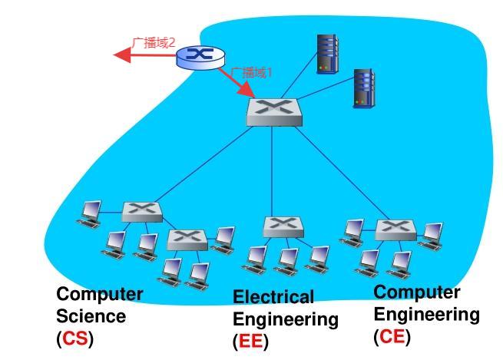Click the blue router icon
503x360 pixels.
(201, 56)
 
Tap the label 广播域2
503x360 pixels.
(154, 42)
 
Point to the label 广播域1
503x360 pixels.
(252, 73)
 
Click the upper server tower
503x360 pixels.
(327, 54)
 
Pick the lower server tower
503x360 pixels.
(362, 87)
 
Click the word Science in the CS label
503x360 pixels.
(91, 316)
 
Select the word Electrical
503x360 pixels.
(273, 297)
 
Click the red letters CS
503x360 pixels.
(74, 339)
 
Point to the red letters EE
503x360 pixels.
(250, 342)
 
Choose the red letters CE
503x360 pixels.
(392, 336)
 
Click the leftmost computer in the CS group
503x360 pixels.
(90, 213)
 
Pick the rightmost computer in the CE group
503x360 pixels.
(432, 234)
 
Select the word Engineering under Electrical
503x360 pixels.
(285, 319)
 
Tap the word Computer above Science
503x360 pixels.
(100, 294)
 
